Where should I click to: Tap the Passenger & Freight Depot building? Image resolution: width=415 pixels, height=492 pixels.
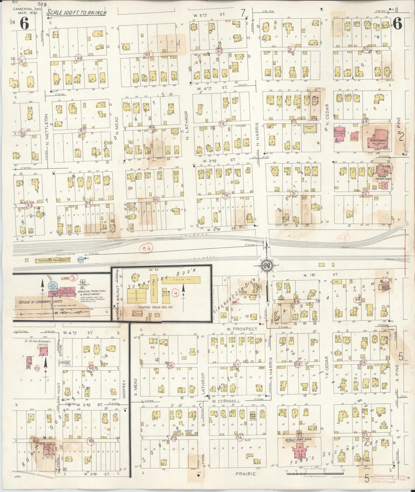[52, 261]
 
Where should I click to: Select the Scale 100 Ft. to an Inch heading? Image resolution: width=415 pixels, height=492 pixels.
[77, 13]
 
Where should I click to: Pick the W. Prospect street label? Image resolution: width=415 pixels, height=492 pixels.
[242, 329]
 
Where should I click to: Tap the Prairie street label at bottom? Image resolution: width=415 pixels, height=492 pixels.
[246, 474]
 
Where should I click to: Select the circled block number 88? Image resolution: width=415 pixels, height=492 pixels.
[79, 58]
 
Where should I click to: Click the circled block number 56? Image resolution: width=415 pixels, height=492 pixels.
[170, 366]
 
